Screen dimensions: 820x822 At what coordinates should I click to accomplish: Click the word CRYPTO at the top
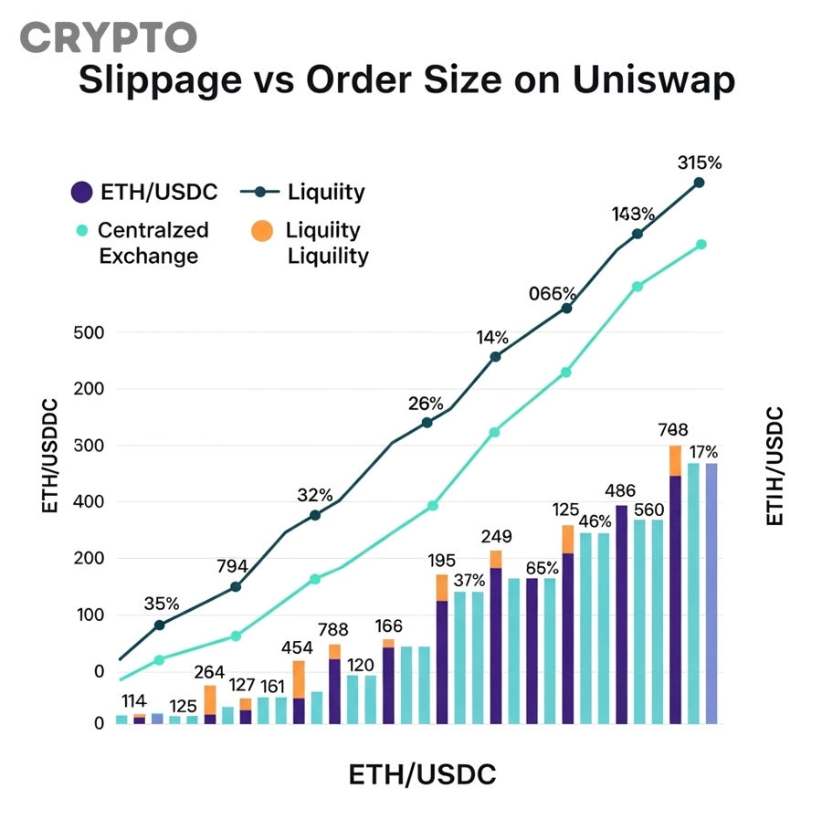point(108,37)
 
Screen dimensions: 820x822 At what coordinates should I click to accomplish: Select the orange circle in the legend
point(261,231)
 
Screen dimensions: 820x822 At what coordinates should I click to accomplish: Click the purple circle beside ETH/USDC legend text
point(82,192)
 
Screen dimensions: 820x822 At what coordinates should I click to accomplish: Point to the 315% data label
point(700,163)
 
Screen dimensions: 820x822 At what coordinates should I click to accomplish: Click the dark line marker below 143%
point(638,234)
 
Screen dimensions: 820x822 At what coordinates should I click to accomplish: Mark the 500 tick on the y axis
point(88,332)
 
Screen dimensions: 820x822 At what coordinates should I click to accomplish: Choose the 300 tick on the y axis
point(88,446)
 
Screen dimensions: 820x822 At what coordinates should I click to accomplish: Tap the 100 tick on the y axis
point(88,615)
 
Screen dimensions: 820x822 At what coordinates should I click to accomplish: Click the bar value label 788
point(333,629)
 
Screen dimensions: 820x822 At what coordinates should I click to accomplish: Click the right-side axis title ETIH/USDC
point(774,466)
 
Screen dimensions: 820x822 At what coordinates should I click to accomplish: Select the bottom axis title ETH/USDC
point(422,775)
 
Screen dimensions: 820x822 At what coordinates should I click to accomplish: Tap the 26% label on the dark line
point(426,404)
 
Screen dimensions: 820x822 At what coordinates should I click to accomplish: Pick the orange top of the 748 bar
point(675,460)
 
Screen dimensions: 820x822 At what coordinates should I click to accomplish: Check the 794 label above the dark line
point(233,566)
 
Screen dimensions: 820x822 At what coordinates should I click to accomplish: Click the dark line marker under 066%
point(566,309)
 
